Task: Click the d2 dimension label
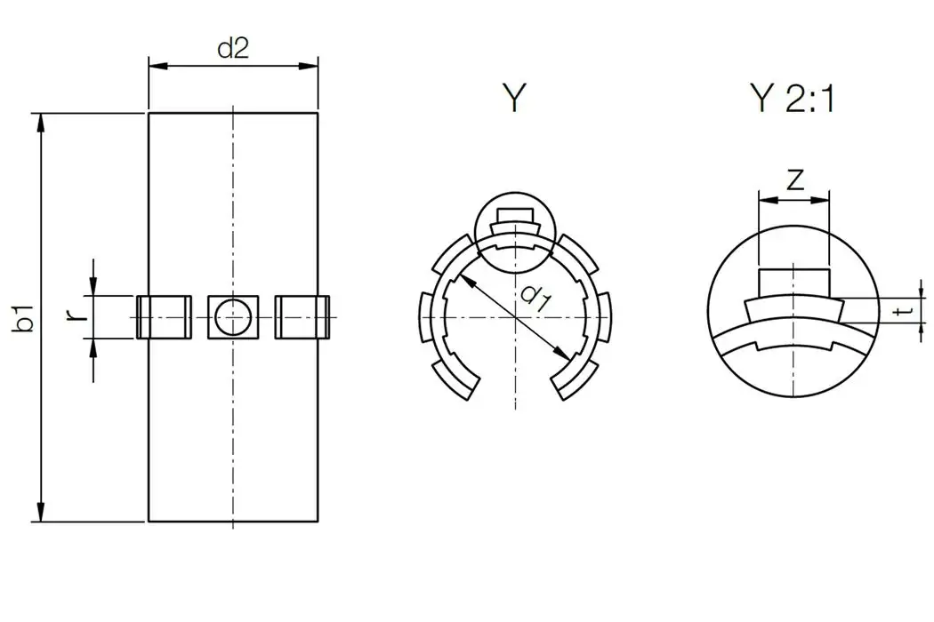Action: click(x=232, y=48)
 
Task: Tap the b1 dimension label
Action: click(x=26, y=318)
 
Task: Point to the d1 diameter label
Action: click(x=534, y=295)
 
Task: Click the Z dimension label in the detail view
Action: click(x=795, y=180)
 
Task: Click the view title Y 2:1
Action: click(x=792, y=100)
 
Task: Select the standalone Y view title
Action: click(x=514, y=100)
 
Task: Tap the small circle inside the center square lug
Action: click(x=234, y=316)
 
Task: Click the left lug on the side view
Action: click(x=164, y=316)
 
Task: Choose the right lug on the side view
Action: click(x=302, y=316)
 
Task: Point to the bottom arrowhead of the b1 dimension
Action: click(x=39, y=513)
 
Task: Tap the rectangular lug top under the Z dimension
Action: click(x=793, y=281)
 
